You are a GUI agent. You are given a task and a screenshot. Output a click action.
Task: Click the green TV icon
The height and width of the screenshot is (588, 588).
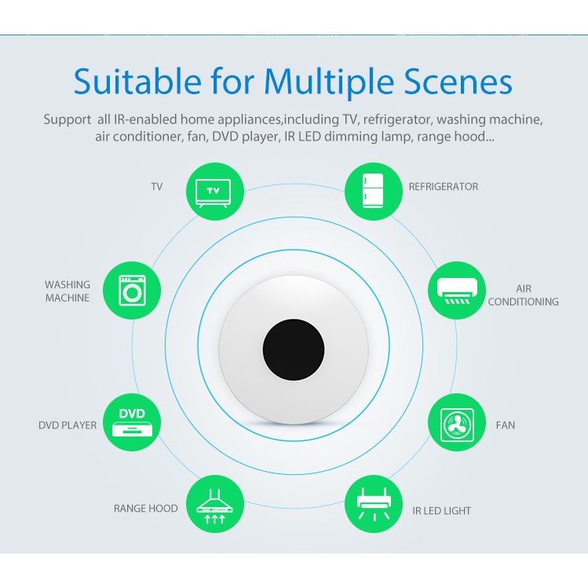coord(213,191)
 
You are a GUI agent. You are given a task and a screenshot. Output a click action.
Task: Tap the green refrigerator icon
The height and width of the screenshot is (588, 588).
coord(374,191)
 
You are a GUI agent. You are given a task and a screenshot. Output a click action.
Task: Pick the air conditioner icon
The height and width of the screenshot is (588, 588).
coord(456,290)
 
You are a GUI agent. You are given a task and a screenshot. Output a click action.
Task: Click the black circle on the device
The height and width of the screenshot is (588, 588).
coord(294,349)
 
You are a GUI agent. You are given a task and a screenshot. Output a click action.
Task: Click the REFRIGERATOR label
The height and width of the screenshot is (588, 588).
coord(443,187)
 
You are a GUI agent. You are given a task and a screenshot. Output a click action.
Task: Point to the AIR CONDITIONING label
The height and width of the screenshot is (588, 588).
coord(524,295)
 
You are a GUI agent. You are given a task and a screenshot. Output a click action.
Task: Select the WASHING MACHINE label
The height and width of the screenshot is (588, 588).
coord(68,291)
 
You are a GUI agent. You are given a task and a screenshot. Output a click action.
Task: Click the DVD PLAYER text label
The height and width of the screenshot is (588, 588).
coord(68,425)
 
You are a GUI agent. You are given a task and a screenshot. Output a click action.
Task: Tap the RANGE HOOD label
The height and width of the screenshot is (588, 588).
coord(146,509)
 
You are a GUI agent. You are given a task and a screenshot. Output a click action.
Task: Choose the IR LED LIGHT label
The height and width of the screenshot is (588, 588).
coord(442,511)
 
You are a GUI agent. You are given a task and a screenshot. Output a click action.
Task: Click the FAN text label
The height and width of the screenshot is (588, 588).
coord(506,425)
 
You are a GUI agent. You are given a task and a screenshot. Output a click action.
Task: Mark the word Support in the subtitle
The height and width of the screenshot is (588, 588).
coord(68,120)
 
